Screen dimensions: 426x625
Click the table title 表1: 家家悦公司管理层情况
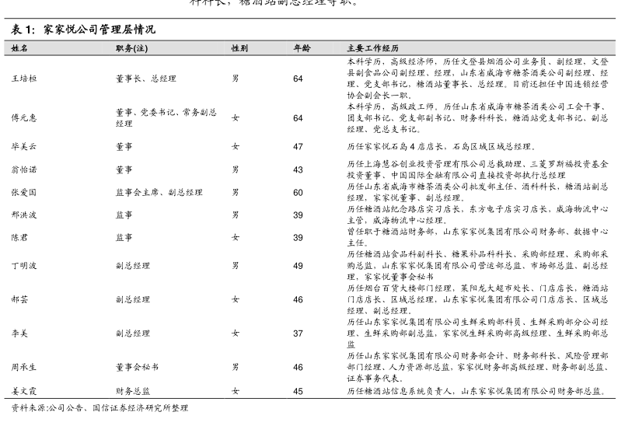(x=83, y=30)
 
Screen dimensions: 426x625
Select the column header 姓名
(x=20, y=48)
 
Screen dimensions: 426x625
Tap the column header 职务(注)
(x=131, y=48)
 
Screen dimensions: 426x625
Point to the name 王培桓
(x=24, y=79)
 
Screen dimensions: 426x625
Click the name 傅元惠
(x=24, y=117)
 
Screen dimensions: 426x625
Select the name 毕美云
(x=24, y=146)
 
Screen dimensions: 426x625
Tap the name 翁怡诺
(x=24, y=169)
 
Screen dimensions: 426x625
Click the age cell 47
(x=298, y=146)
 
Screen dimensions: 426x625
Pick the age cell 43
(x=298, y=169)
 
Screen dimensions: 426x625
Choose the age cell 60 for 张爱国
(x=298, y=192)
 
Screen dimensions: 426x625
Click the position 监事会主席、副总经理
(x=159, y=192)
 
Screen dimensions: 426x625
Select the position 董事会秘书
(x=138, y=366)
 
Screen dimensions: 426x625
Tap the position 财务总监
(x=133, y=391)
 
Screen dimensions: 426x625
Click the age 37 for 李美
(x=298, y=333)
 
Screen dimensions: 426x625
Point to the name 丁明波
(x=24, y=265)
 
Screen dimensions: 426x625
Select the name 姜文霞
(x=24, y=391)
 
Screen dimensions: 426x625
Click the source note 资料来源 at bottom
(x=99, y=408)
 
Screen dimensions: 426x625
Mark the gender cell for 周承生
(x=236, y=366)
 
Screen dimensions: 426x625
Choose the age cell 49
(x=298, y=265)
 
